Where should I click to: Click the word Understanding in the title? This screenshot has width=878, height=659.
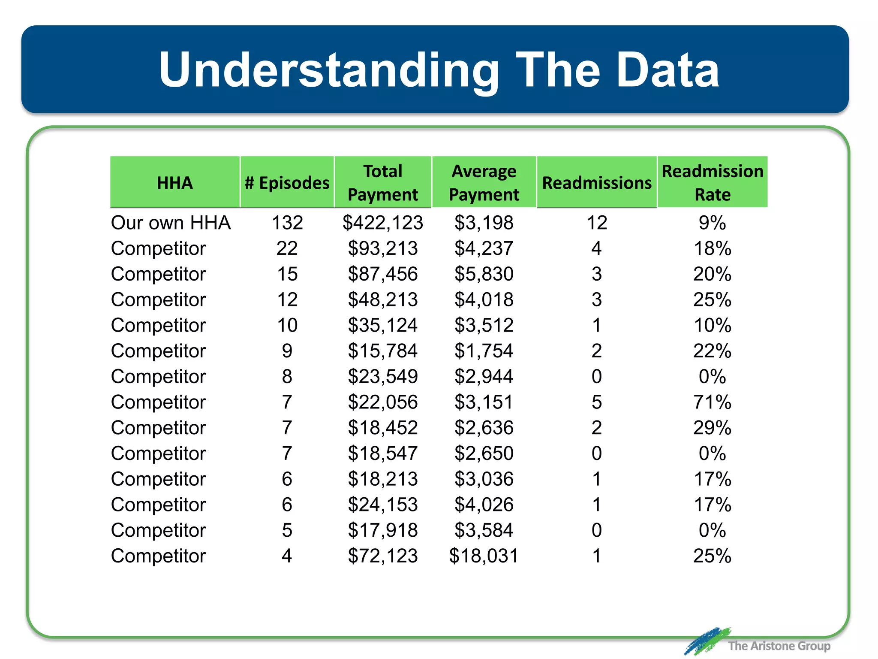(328, 70)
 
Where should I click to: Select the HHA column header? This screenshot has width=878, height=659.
(174, 183)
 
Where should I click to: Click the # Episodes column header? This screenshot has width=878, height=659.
(287, 183)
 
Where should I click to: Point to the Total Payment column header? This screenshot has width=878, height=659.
(383, 183)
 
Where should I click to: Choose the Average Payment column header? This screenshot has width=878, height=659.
(484, 183)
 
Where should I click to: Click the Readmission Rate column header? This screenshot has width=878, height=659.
(713, 183)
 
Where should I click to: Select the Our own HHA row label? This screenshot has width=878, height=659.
(171, 223)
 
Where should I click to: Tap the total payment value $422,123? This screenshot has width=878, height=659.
(383, 223)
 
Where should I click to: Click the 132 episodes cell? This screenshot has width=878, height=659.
(287, 223)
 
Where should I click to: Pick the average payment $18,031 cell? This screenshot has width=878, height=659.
(484, 556)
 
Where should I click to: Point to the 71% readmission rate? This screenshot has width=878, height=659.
(713, 402)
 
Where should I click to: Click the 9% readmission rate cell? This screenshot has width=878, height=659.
(713, 223)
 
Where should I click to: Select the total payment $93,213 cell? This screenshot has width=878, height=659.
(383, 248)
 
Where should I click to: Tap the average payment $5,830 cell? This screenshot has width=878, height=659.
(484, 274)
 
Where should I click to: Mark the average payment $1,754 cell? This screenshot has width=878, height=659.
(484, 351)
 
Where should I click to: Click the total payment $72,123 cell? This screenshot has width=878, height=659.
(383, 556)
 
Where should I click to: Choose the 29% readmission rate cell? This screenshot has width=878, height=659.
(713, 428)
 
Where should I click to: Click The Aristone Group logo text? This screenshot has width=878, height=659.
(779, 646)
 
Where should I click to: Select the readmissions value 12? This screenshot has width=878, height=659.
(597, 223)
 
